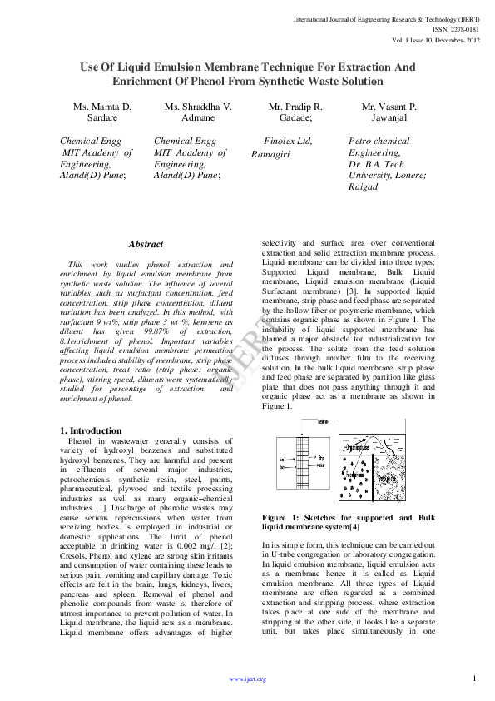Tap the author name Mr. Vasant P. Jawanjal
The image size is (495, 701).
(389, 113)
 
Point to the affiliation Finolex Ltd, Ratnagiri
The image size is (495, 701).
(283, 147)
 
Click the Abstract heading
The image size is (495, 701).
(146, 244)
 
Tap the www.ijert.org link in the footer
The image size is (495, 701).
(247, 679)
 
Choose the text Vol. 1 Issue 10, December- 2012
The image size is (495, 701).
(434, 39)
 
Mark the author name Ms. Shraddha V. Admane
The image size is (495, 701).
(198, 113)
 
